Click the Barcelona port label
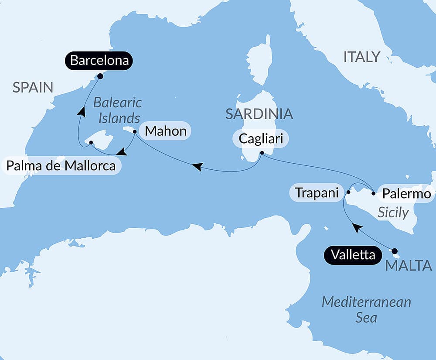coord(99,61)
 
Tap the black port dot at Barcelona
coord(100,76)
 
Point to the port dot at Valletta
coord(395,251)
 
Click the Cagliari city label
coord(261,139)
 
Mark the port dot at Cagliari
coord(262,153)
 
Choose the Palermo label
coord(406,193)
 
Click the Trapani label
coord(317,192)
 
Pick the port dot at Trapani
coord(348,192)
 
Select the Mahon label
coord(165,131)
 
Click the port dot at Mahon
coord(135,131)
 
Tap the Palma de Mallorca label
coord(61,166)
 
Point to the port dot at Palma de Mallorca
coord(91,143)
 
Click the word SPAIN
coord(33,87)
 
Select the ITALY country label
coord(362,57)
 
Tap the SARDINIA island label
coord(259,114)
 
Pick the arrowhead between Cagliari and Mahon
coord(197,166)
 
